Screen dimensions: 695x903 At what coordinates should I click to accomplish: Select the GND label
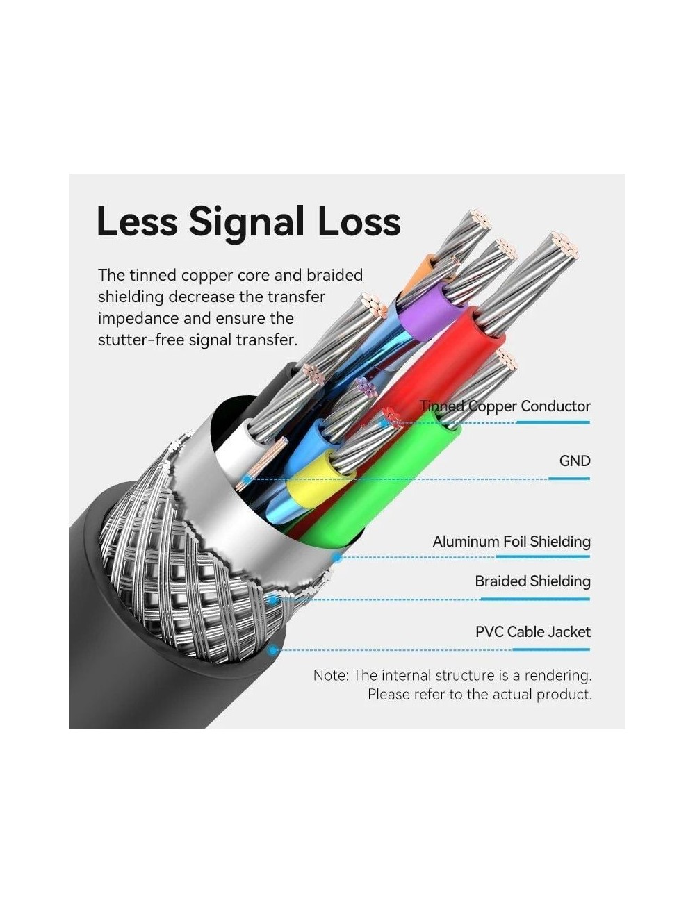pyautogui.click(x=575, y=461)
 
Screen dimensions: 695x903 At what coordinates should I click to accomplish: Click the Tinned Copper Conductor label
pyautogui.click(x=505, y=406)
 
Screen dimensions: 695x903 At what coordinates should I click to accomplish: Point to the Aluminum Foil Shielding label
pyautogui.click(x=512, y=542)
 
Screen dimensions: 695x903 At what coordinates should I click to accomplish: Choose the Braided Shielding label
pyautogui.click(x=532, y=581)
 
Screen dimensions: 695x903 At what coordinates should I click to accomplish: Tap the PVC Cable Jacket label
pyautogui.click(x=533, y=631)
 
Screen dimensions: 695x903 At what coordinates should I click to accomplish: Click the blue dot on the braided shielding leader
pyautogui.click(x=273, y=599)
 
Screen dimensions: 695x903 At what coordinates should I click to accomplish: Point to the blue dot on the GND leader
pyautogui.click(x=247, y=479)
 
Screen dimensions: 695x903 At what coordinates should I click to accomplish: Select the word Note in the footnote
pyautogui.click(x=330, y=675)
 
